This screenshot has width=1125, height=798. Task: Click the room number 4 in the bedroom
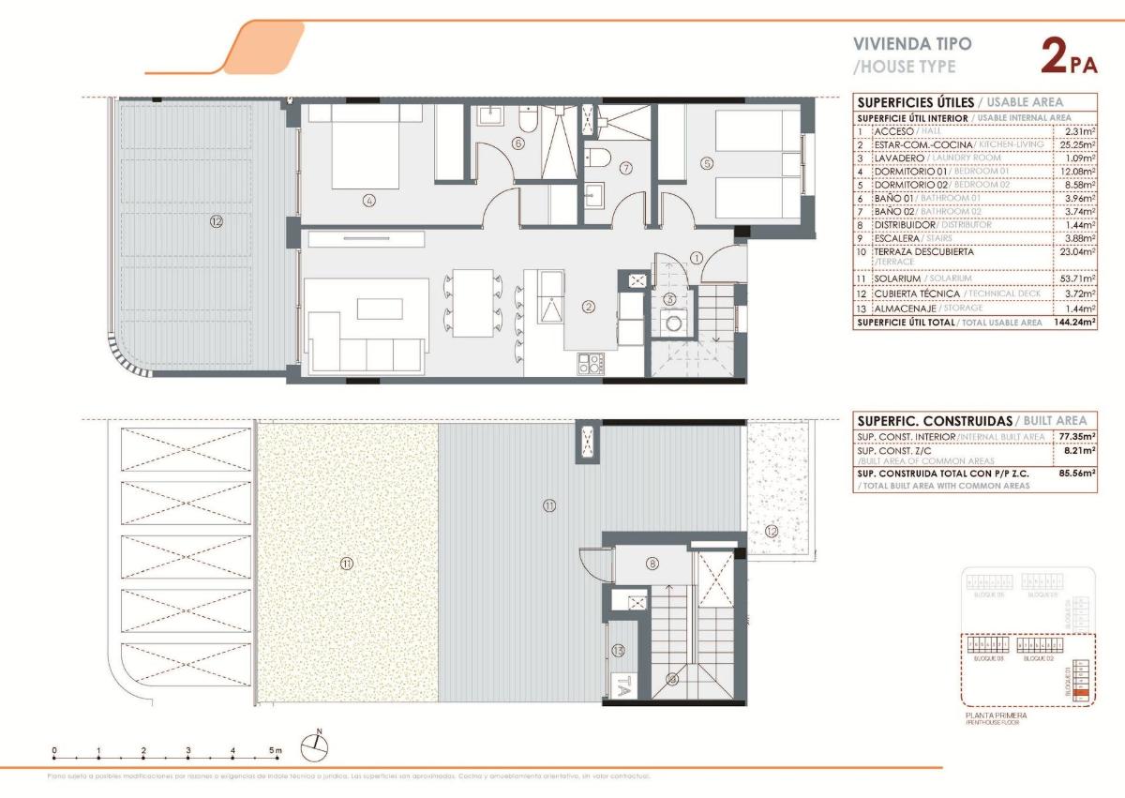[368, 200]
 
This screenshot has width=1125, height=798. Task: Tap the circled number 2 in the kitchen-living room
[589, 306]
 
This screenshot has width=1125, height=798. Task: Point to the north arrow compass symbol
[315, 745]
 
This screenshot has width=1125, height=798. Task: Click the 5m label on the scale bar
[275, 750]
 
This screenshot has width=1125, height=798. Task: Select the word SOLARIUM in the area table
[896, 279]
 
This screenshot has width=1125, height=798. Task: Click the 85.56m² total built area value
[1077, 474]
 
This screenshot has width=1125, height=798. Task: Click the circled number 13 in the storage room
[618, 650]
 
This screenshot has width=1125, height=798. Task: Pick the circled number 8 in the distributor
[652, 564]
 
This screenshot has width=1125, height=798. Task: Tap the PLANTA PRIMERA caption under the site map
[996, 715]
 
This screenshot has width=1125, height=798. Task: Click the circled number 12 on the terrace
[217, 221]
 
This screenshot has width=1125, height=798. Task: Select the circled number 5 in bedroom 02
[707, 162]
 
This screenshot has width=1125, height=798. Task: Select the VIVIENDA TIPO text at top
[911, 44]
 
